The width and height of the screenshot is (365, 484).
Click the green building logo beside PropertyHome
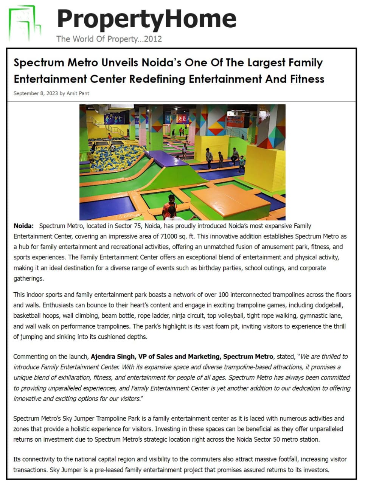click(25, 23)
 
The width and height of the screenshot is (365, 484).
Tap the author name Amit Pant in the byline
click(78, 93)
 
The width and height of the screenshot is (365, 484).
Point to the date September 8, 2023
click(36, 93)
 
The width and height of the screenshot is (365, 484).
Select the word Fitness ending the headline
click(307, 79)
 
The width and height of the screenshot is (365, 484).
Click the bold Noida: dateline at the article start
click(23, 226)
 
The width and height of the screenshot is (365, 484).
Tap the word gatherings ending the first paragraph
click(28, 279)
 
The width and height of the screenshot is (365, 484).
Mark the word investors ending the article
click(317, 470)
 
